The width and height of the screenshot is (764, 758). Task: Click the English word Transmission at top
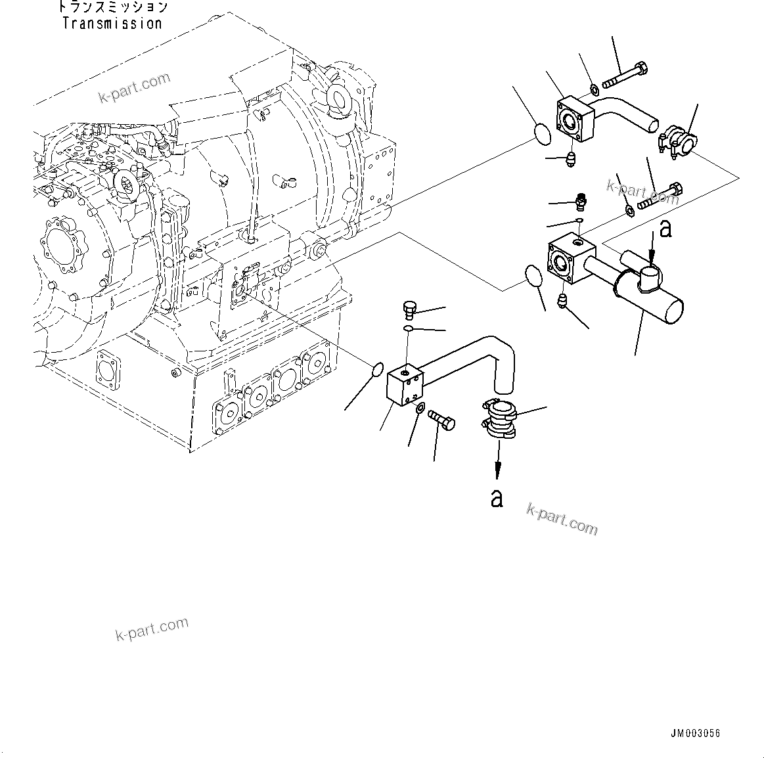click(112, 24)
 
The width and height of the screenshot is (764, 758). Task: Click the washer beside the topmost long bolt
click(593, 87)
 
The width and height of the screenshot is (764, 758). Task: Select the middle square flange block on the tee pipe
click(571, 260)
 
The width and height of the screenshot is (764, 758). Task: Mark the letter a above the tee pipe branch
click(665, 229)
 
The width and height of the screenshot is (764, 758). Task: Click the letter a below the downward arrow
click(497, 498)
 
